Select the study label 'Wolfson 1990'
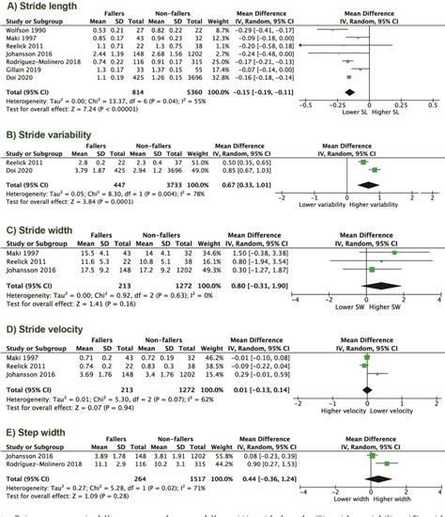[26, 31]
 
